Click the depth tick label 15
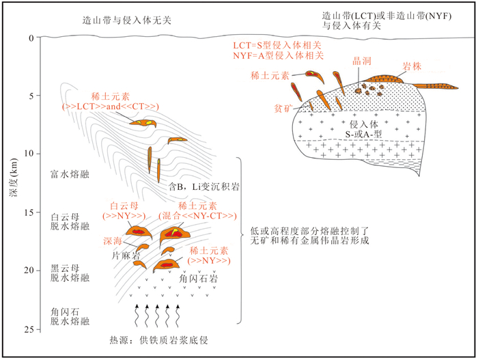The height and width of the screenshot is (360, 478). point(27,213)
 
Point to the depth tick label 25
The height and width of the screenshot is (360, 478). point(27,330)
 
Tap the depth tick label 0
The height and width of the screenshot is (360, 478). point(30,38)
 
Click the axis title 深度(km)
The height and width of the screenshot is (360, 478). point(12,184)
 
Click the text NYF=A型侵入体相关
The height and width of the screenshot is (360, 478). point(278,55)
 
